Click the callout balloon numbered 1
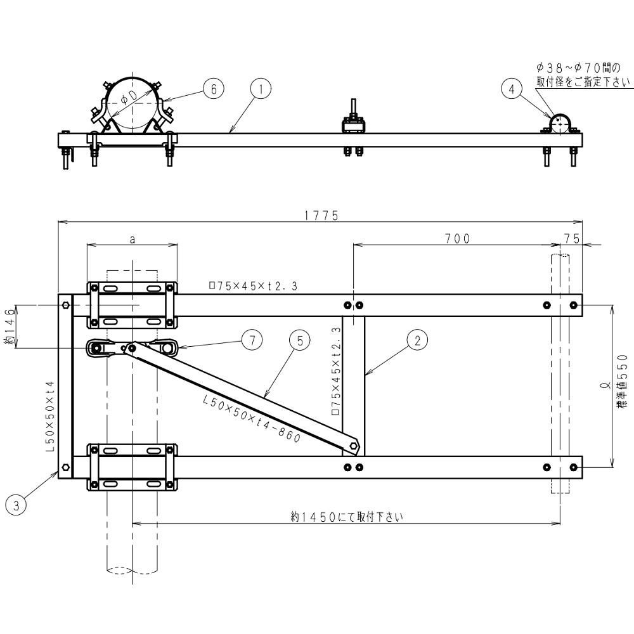261,89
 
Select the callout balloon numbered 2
417,340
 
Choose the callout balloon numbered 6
214,89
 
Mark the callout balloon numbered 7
252,340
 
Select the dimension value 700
457,238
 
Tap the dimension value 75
571,238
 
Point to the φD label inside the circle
129,96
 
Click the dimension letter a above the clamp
132,239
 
